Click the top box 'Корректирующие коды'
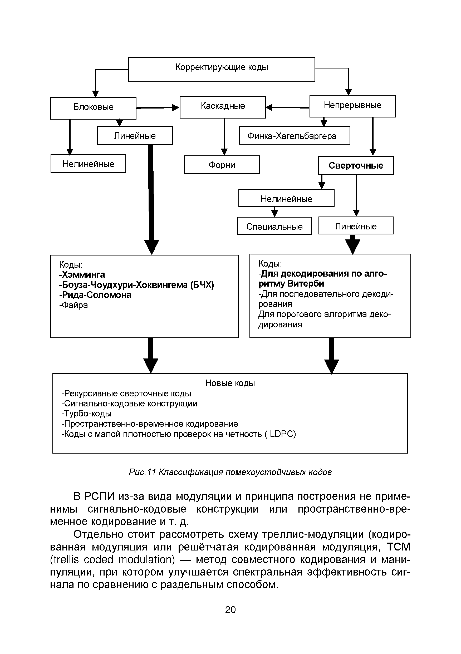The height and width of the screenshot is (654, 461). [222, 69]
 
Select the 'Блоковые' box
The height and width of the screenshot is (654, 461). [93, 108]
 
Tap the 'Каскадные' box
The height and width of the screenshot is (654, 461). [223, 107]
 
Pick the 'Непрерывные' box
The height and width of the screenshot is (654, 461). [352, 106]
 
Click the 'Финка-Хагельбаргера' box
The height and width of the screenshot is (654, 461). [294, 136]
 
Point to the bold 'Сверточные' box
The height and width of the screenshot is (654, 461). [356, 165]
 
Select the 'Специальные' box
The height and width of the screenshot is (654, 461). [274, 226]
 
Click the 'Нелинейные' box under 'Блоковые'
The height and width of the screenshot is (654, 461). [88, 164]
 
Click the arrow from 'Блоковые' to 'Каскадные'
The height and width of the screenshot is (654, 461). [158, 108]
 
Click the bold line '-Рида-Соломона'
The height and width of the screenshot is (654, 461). [95, 294]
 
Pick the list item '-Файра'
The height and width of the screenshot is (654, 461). [73, 305]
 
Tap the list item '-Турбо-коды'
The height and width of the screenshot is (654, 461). [86, 413]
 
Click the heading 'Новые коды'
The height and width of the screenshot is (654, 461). [230, 383]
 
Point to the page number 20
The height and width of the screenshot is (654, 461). [230, 609]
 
